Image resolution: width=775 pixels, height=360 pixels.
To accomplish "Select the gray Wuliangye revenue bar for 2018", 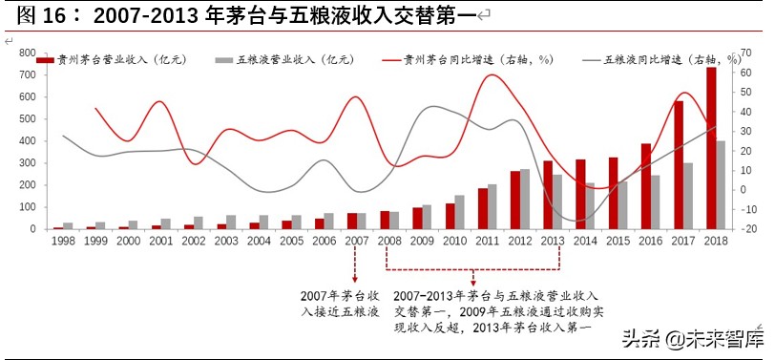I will (x=721, y=185).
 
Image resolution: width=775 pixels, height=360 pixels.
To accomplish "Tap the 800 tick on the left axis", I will (x=27, y=53).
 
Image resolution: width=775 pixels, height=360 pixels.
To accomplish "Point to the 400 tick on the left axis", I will (x=27, y=141).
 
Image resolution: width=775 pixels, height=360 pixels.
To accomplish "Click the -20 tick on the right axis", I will (x=749, y=229).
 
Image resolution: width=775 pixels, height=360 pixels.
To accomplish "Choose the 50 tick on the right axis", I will (x=749, y=92).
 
